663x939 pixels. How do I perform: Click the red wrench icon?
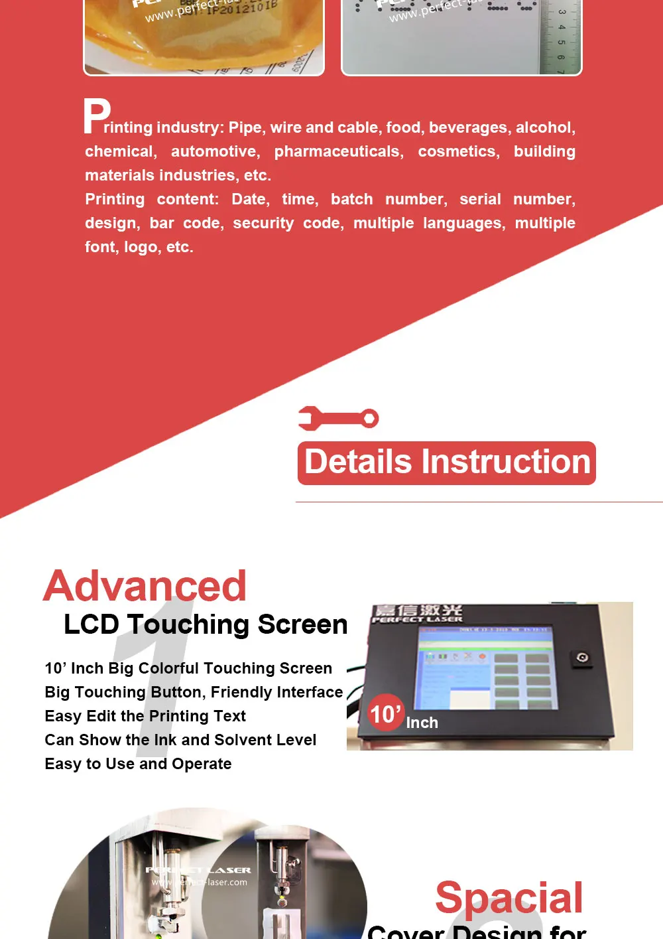click(338, 419)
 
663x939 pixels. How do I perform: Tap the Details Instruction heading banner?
click(447, 463)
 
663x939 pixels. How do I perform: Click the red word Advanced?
click(145, 586)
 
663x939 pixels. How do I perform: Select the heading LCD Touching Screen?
click(206, 624)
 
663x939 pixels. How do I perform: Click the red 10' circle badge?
click(386, 713)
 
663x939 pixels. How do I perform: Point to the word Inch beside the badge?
click(422, 723)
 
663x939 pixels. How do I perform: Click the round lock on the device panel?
click(582, 657)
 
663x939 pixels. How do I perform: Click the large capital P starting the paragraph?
click(96, 117)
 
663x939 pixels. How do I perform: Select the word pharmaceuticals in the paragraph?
click(338, 151)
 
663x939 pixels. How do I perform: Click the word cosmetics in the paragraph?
click(458, 151)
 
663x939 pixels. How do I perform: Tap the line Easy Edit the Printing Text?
click(145, 716)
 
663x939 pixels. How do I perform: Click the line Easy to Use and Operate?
click(138, 764)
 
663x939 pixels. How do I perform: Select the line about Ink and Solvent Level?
click(180, 740)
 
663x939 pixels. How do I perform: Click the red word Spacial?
click(509, 898)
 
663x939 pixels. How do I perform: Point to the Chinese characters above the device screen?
click(418, 609)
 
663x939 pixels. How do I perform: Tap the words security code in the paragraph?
click(288, 223)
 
